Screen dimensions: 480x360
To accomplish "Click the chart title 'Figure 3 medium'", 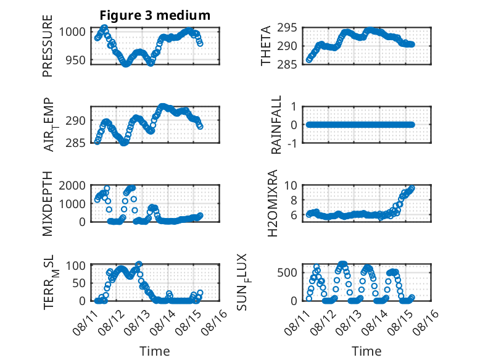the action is coord(155,15).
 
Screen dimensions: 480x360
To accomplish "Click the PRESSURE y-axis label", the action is coord(48,46).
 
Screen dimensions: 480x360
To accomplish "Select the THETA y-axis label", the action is coord(266,46).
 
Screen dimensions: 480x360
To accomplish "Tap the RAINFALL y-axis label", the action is coord(276,125).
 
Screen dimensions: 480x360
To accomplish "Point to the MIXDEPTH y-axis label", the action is coord(48,204).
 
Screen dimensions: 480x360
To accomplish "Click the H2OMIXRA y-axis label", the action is coord(272,203).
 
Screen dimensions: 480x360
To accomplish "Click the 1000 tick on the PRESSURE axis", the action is coord(72,31).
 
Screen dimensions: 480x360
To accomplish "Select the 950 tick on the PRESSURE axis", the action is coord(76,60).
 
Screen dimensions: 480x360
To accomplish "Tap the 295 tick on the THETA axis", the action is coord(287,28).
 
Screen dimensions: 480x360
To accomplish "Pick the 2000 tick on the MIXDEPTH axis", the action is coord(72,185).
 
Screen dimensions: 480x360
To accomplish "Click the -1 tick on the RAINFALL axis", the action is coord(292,143).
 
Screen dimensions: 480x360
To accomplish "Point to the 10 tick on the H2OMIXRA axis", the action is coord(291,185).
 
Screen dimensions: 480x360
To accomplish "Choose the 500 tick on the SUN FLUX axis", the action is coord(287,272).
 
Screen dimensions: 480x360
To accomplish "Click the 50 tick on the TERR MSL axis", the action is coord(79,283).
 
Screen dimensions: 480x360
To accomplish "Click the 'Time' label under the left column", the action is coord(155,351).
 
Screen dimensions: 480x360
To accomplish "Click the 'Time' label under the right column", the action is coord(366,351).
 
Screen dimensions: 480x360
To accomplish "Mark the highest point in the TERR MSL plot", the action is coord(139,264).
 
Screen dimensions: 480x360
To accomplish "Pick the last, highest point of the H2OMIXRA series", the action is coord(412,188).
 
